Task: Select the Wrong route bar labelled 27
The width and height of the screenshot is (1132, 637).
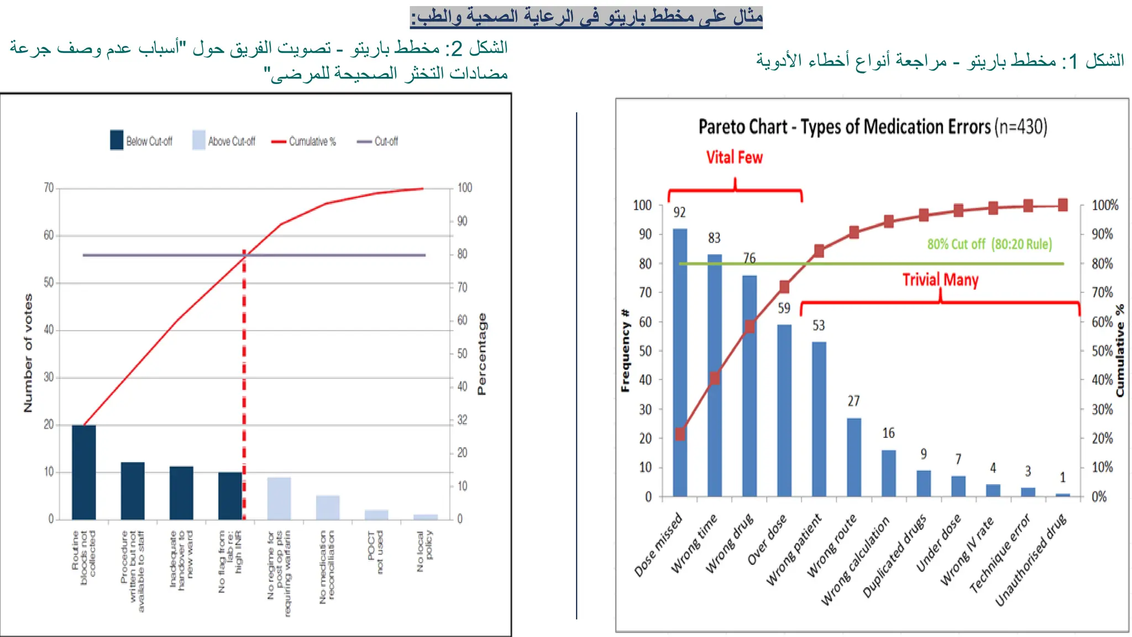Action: pyautogui.click(x=854, y=457)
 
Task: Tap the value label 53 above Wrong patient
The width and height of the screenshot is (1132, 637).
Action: pyautogui.click(x=819, y=326)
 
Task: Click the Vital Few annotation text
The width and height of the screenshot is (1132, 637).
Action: pyautogui.click(x=734, y=158)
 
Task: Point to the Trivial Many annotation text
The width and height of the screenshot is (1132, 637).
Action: pyautogui.click(x=940, y=280)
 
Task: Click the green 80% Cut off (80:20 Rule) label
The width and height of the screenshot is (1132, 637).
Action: pyautogui.click(x=989, y=244)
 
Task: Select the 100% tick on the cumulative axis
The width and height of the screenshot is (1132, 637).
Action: pyautogui.click(x=1105, y=205)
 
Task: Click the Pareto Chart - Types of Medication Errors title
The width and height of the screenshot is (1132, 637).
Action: pyautogui.click(x=872, y=127)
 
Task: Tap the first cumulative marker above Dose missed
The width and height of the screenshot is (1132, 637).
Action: pyautogui.click(x=680, y=434)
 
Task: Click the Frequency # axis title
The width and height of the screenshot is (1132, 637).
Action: pyautogui.click(x=625, y=351)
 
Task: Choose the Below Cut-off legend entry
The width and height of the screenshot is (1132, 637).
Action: pyautogui.click(x=141, y=141)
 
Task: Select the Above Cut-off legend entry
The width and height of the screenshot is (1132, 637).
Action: pyautogui.click(x=224, y=141)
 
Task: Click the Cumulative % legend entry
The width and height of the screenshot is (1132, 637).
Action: pyautogui.click(x=303, y=142)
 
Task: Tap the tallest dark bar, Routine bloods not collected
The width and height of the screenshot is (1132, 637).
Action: pyautogui.click(x=83, y=472)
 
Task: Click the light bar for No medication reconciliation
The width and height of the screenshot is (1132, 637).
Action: pyautogui.click(x=328, y=507)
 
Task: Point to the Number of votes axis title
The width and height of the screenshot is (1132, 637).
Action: pyautogui.click(x=28, y=352)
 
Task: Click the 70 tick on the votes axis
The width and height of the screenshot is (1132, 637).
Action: pyautogui.click(x=49, y=188)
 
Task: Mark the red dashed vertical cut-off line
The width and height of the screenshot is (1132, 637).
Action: pyautogui.click(x=244, y=387)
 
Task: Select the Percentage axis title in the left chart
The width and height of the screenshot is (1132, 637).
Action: pyautogui.click(x=481, y=354)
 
